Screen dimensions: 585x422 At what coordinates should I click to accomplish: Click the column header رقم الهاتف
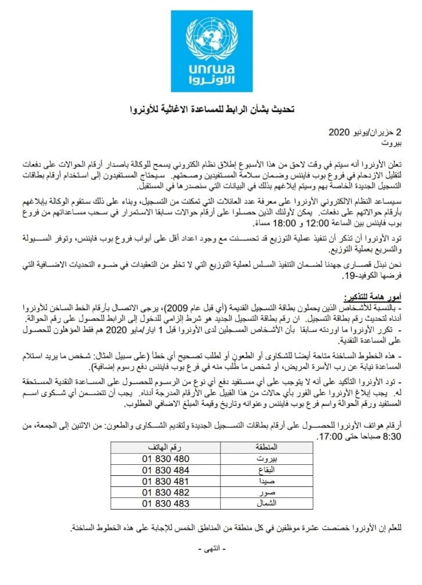[x=167, y=447]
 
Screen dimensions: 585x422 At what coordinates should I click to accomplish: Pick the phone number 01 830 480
[x=165, y=458]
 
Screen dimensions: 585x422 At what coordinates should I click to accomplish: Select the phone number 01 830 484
[x=165, y=470]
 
